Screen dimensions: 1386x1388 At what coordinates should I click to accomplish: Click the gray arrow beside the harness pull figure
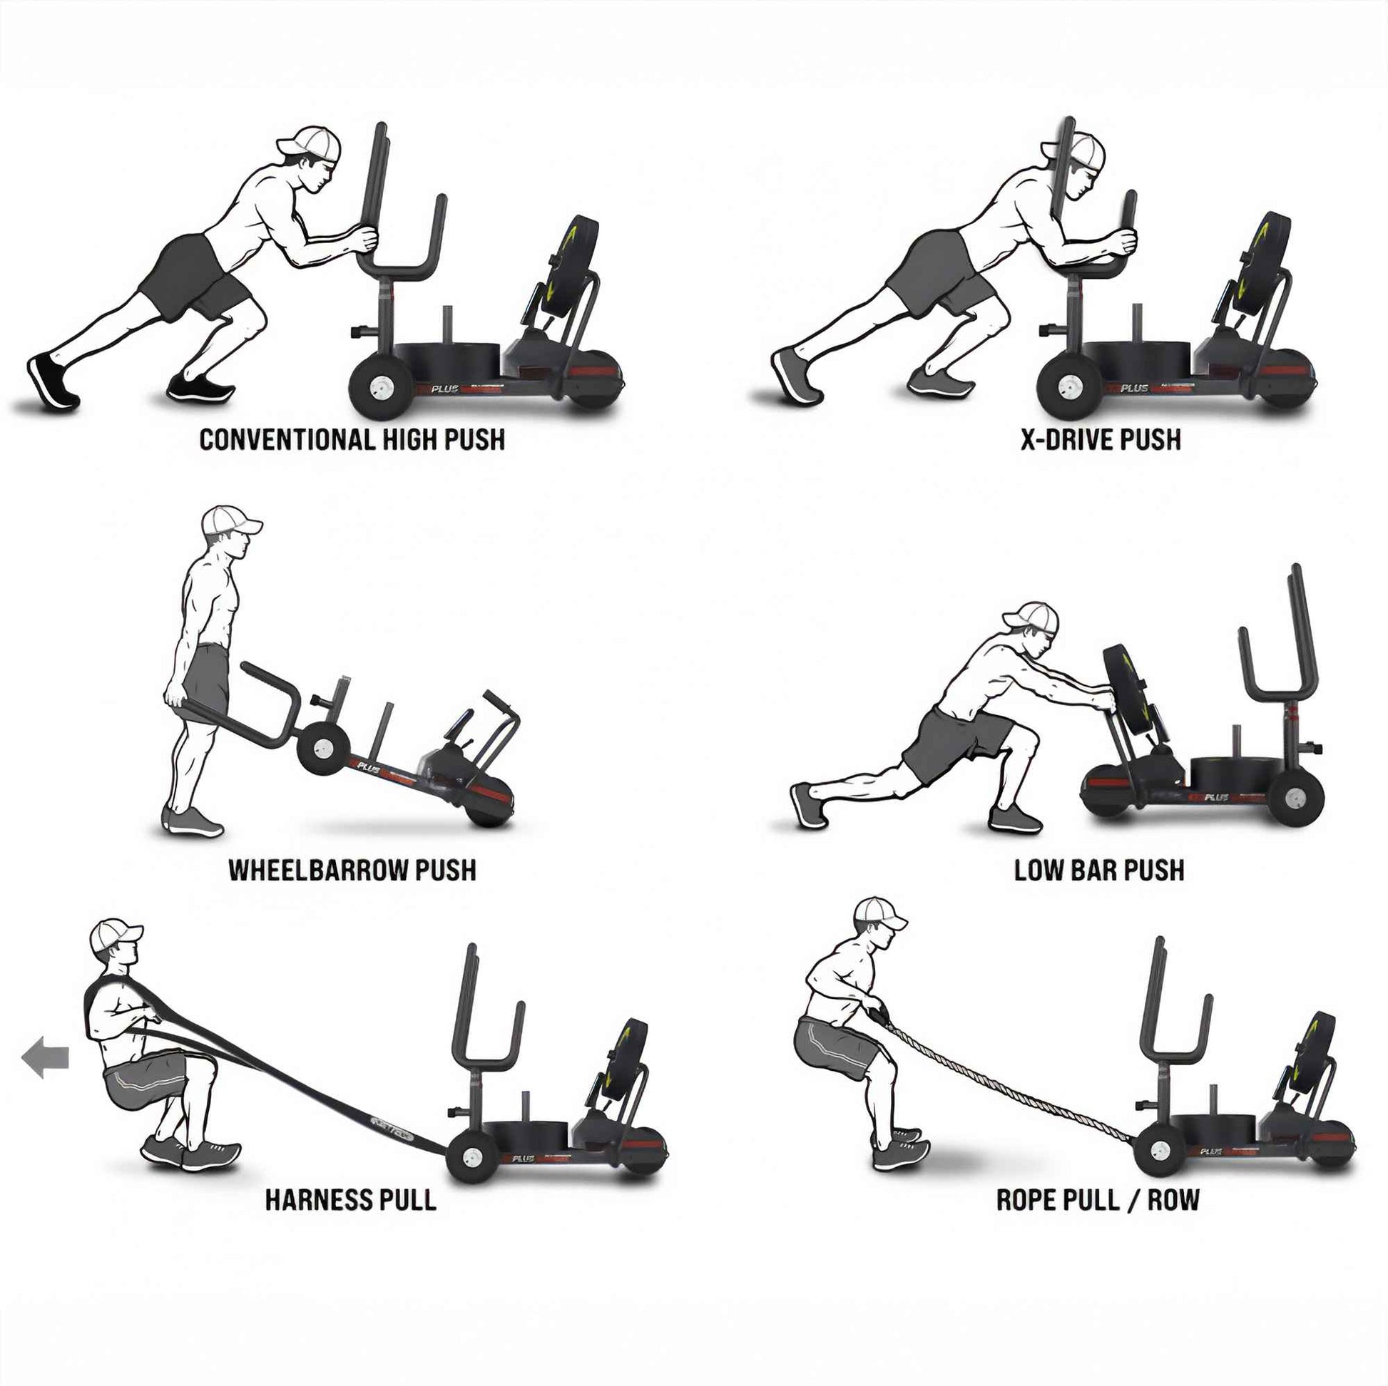(x=46, y=1058)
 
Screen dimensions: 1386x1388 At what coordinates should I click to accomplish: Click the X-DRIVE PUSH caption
(x=1101, y=440)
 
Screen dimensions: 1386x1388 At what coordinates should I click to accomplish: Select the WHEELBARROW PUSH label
(x=352, y=871)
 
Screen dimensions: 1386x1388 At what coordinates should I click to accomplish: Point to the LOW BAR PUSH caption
(x=1099, y=871)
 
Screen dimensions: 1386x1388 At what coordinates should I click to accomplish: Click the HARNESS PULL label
(x=351, y=1200)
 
